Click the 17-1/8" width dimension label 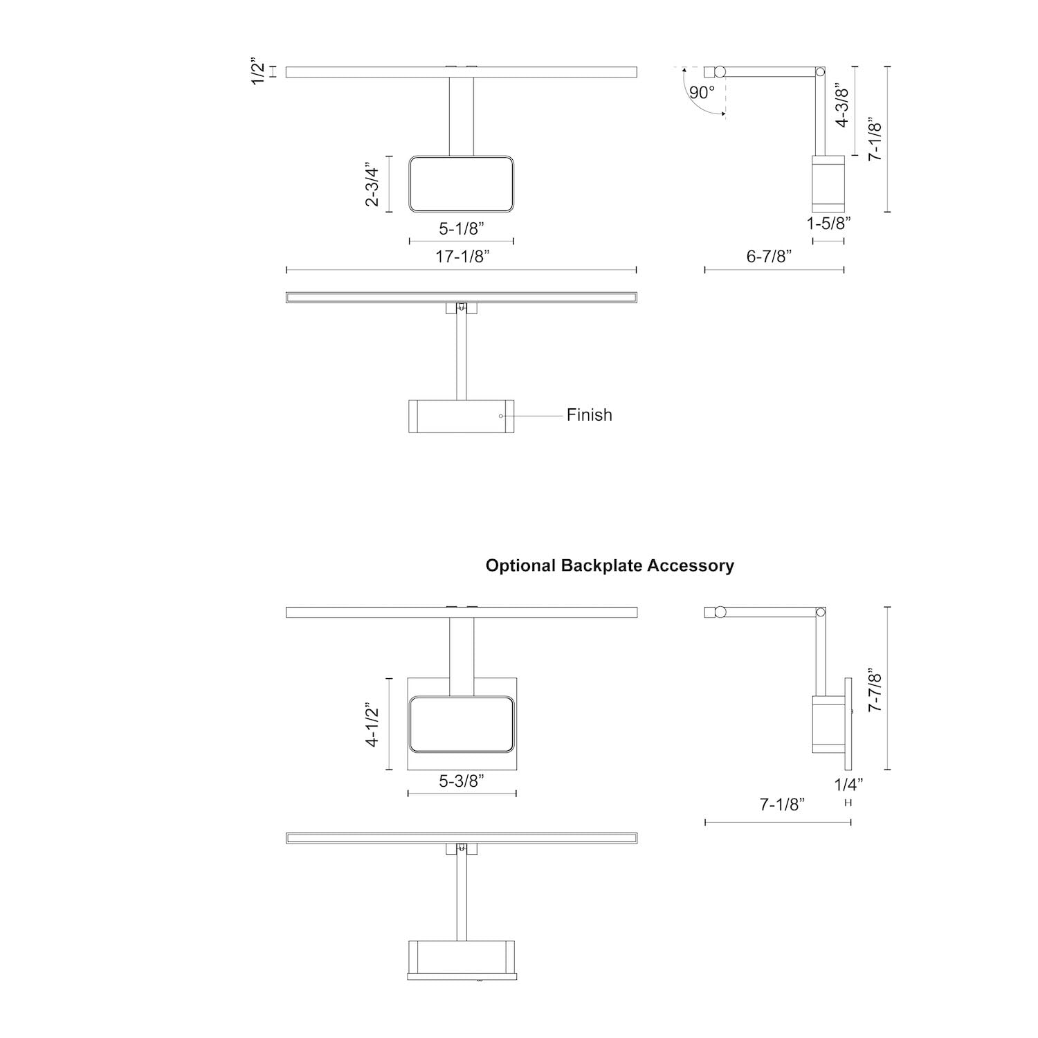(x=462, y=257)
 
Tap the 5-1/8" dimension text (x=462, y=228)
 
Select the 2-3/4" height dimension (x=372, y=185)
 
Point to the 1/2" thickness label (x=258, y=72)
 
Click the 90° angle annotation (x=701, y=93)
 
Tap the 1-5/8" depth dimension (x=828, y=224)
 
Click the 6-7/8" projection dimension (x=769, y=257)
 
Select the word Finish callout (x=590, y=415)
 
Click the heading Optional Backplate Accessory (x=610, y=566)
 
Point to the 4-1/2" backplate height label (x=373, y=725)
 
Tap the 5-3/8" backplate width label (x=462, y=781)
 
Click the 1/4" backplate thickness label (x=849, y=785)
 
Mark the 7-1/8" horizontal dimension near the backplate (x=783, y=805)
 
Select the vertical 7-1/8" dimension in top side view (x=875, y=140)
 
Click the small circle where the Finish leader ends (x=501, y=416)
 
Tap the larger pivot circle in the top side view (x=720, y=71)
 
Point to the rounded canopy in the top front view (x=461, y=184)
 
